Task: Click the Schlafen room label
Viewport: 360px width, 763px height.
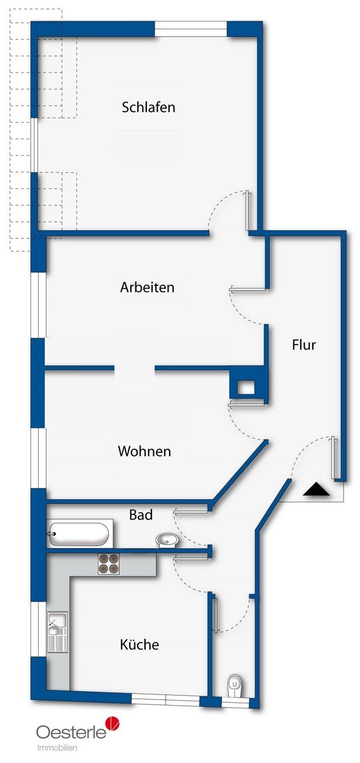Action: click(148, 107)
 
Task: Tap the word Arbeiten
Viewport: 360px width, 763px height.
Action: click(147, 287)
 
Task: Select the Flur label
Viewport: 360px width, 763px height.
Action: click(304, 345)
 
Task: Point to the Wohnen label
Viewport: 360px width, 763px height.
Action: click(144, 451)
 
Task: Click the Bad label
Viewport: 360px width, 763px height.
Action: click(141, 514)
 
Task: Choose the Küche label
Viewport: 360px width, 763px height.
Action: click(139, 645)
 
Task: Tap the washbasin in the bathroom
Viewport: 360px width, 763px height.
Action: click(167, 540)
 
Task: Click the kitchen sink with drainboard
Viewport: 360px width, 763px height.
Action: click(57, 632)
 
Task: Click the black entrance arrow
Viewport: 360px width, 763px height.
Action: click(316, 490)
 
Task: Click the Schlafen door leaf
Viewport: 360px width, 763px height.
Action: click(247, 211)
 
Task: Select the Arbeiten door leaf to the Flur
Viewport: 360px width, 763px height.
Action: click(247, 289)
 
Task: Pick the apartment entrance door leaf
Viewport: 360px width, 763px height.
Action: click(334, 457)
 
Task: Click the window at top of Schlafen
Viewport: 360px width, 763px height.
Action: click(191, 29)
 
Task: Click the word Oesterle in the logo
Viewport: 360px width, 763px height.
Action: click(71, 732)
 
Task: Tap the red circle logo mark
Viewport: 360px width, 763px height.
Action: click(113, 724)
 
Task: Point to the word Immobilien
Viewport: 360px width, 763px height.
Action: click(57, 748)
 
